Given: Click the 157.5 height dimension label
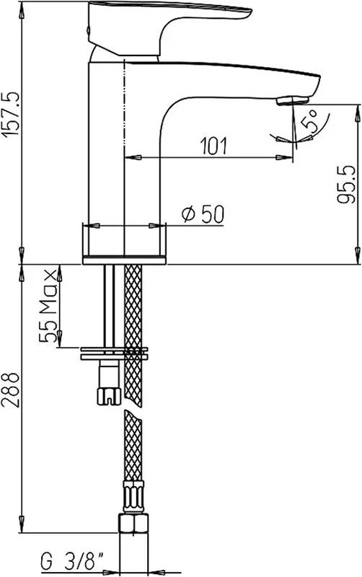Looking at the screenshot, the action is (x=10, y=113).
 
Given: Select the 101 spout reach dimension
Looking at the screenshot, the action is (x=213, y=146).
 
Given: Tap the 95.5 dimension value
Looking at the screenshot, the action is (x=346, y=184).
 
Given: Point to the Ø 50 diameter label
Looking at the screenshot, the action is (x=203, y=214).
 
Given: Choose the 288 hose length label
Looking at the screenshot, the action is (x=10, y=390).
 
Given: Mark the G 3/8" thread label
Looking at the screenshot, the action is (x=72, y=562).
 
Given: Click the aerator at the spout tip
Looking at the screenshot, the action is (x=292, y=100).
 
